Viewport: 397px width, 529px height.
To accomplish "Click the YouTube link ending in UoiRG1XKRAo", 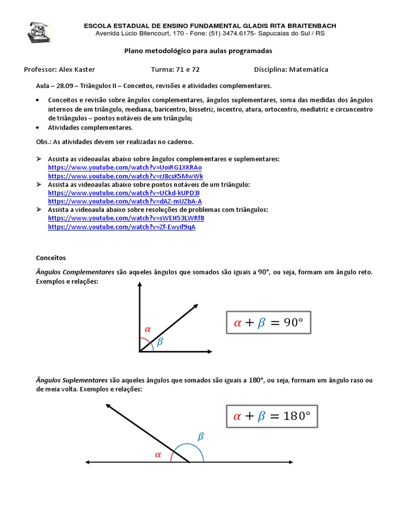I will (125, 167).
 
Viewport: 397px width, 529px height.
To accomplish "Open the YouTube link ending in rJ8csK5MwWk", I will (126, 176).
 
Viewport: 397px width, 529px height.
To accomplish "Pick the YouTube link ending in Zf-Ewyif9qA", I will (121, 227).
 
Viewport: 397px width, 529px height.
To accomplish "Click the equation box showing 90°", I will (268, 323).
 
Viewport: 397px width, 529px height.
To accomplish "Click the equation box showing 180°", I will (271, 416).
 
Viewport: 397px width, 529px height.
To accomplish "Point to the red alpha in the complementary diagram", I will (147, 329).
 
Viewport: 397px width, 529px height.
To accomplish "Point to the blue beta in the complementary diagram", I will (160, 341).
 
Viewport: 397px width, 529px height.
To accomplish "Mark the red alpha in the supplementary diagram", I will (158, 455).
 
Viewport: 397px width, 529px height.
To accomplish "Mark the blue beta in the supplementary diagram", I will (201, 437).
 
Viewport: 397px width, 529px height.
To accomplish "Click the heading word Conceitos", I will (51, 257).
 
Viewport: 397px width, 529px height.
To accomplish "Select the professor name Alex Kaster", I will (77, 69).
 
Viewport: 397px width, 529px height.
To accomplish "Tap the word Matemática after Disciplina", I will (309, 69).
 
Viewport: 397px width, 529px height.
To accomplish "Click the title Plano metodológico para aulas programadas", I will (198, 51).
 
